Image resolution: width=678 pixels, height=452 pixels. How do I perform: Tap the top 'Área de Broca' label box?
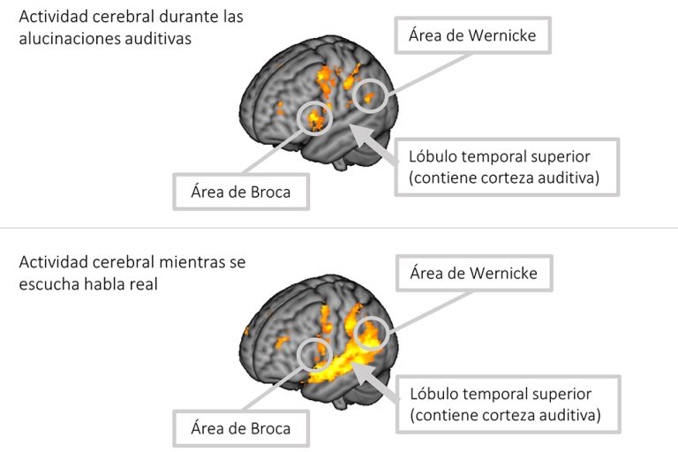pos(240,190)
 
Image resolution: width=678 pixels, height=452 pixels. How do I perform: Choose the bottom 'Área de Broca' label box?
pos(240,429)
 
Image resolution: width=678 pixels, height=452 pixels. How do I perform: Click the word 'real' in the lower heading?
pos(142,284)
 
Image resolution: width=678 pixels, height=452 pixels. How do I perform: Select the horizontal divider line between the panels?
pos(339,228)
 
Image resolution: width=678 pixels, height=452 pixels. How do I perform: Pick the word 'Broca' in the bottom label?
pos(264,429)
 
